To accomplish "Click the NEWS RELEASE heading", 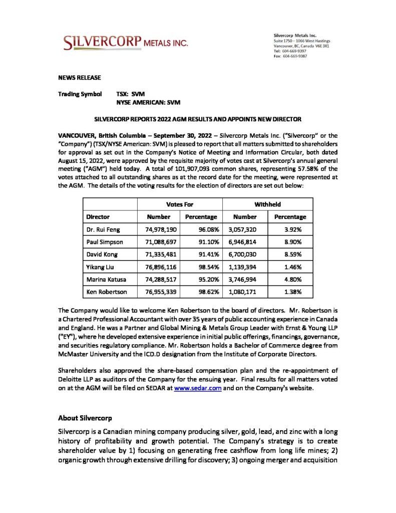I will pos(80,77).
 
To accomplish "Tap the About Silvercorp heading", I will pos(85,417).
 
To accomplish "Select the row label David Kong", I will pos(102,254).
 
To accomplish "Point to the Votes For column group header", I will pos(180,204).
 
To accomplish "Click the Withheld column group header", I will pos(267,204).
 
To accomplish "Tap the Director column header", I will pos(98,217).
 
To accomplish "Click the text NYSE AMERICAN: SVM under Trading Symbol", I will pos(148,102).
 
